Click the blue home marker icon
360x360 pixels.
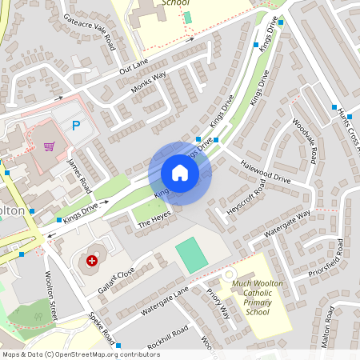[180, 173]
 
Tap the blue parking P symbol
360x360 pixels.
[76, 125]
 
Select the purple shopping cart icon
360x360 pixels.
[50, 146]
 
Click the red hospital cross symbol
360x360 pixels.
[93, 261]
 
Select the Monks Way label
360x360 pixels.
[148, 83]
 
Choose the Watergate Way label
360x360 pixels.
[287, 223]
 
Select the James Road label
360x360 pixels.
[78, 174]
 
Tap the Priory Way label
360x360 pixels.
[217, 302]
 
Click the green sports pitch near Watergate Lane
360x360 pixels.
[191, 254]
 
